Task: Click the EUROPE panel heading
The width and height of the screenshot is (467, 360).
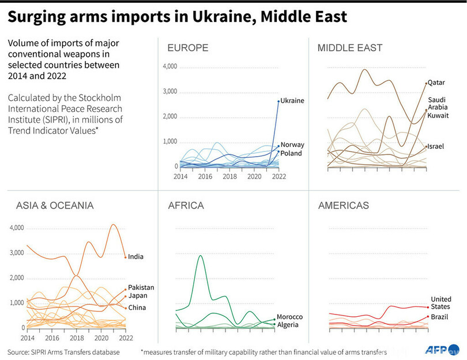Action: click(x=187, y=48)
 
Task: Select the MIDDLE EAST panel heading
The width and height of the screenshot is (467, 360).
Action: click(x=350, y=48)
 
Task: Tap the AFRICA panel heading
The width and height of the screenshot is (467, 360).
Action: click(x=186, y=205)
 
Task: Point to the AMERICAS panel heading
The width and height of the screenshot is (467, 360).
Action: click(x=344, y=205)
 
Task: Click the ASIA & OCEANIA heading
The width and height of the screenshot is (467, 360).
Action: click(x=55, y=205)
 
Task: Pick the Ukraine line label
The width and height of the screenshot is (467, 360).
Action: click(x=292, y=101)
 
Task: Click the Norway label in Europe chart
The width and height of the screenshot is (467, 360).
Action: click(x=292, y=145)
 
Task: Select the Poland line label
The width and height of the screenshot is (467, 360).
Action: click(x=292, y=153)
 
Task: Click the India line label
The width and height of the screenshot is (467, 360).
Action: click(x=136, y=257)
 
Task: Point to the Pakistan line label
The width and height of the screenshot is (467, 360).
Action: click(x=141, y=287)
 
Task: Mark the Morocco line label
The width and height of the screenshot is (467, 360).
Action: click(x=289, y=317)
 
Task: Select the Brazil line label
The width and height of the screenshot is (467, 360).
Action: click(x=440, y=317)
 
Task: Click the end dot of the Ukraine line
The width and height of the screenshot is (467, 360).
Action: click(x=278, y=101)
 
